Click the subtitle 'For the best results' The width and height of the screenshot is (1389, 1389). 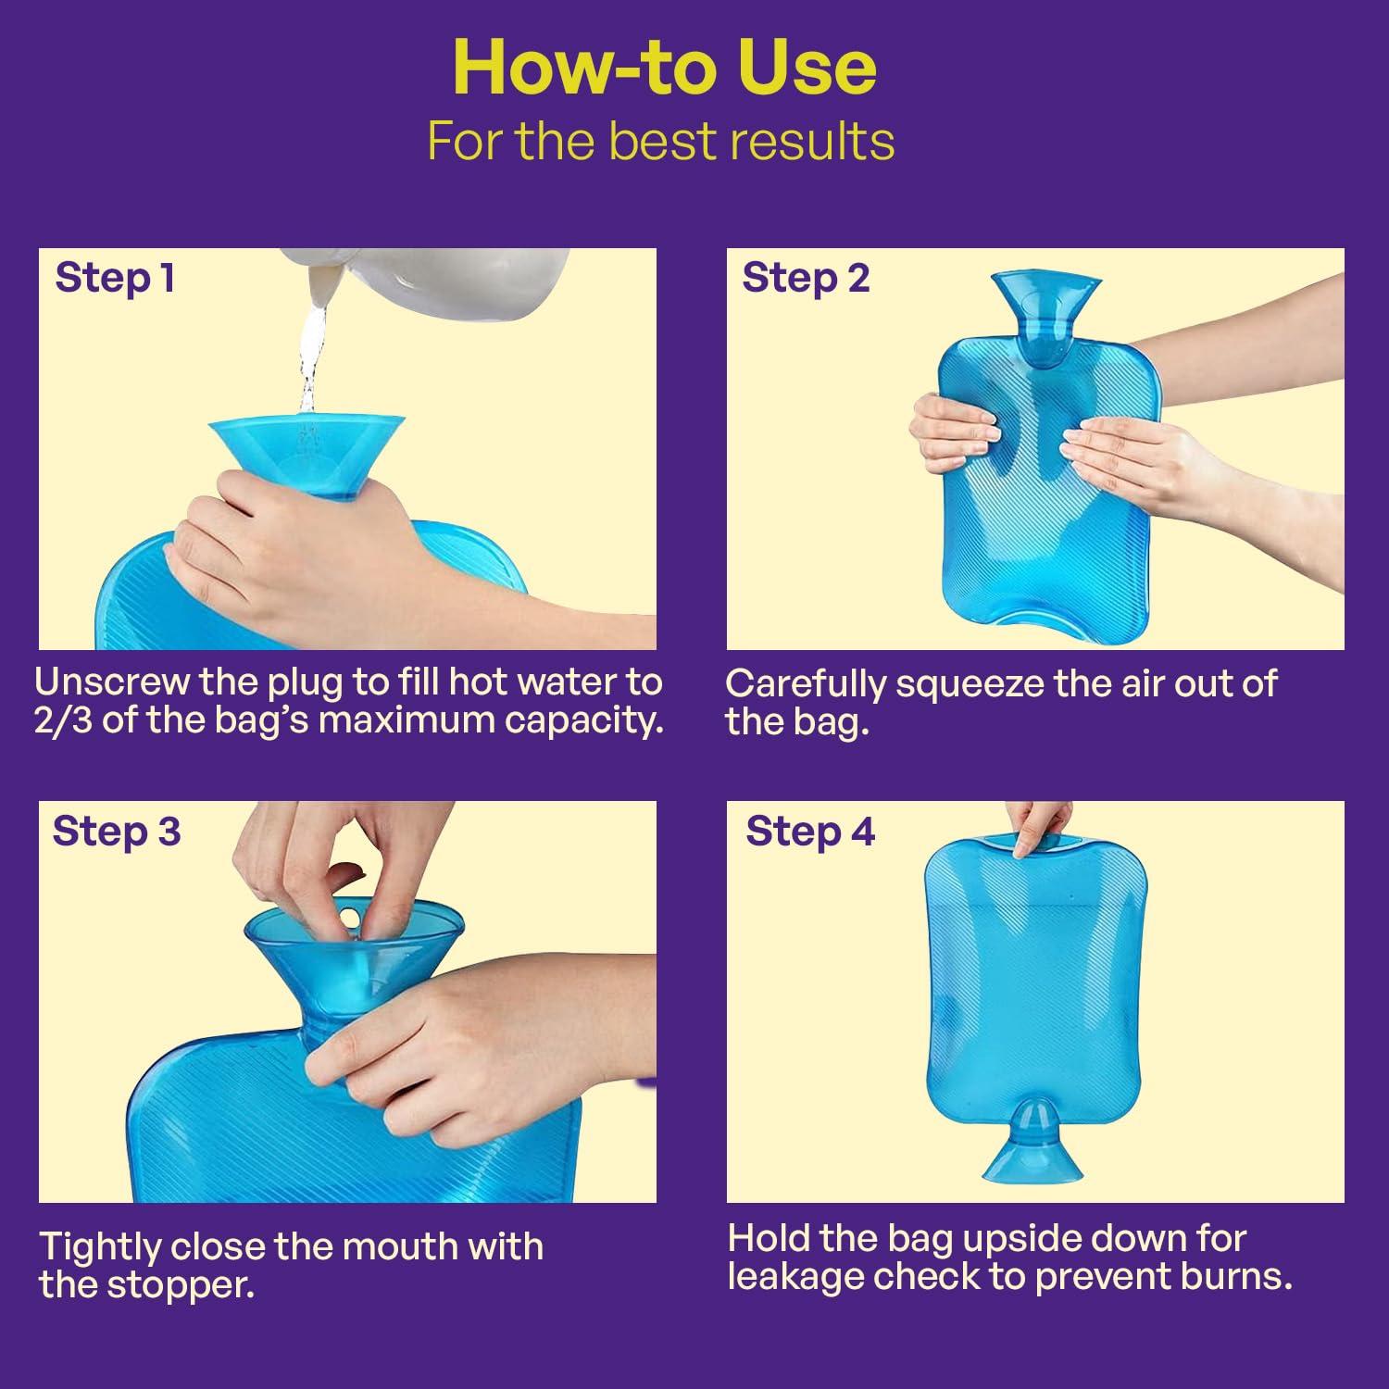[660, 142]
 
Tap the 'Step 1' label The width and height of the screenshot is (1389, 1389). [115, 278]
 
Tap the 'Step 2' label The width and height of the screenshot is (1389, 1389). [806, 278]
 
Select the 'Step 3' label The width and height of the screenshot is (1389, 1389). [117, 831]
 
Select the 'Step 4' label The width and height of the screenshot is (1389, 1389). [810, 831]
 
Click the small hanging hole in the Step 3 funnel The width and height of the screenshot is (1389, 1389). [348, 919]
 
